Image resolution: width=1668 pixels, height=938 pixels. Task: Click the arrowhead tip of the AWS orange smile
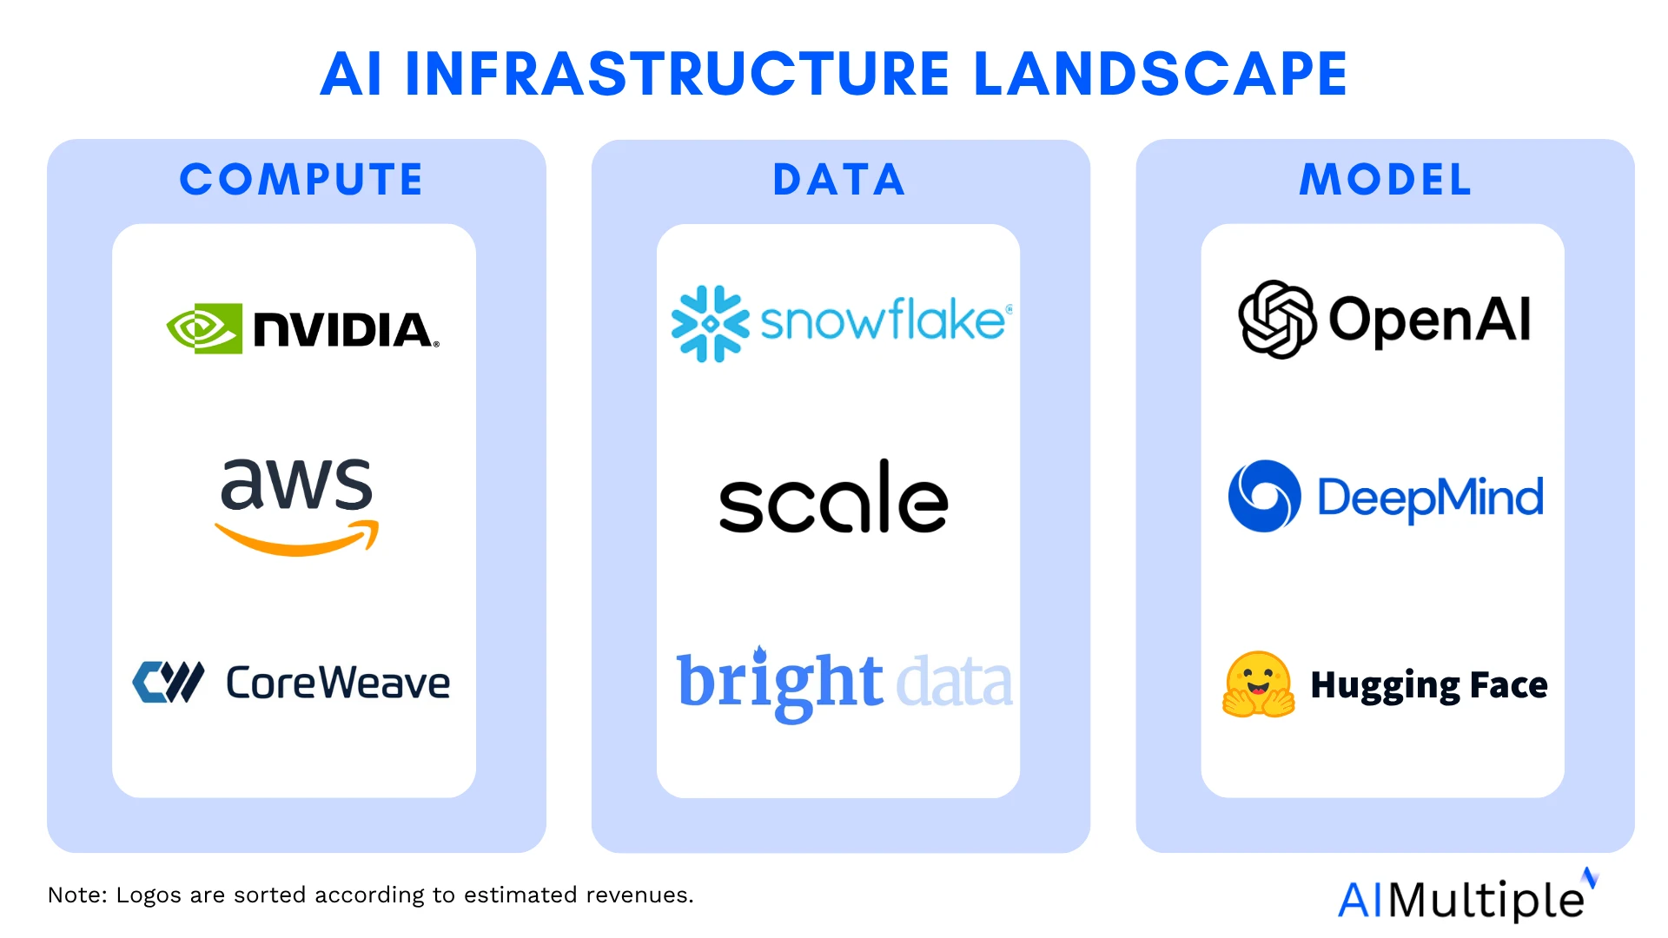377,524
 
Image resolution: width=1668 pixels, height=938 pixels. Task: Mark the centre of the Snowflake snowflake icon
710,323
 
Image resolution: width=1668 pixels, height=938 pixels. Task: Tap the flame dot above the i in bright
760,653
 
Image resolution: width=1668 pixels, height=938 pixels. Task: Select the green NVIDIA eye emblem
204,328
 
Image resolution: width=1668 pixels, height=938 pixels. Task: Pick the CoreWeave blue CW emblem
168,682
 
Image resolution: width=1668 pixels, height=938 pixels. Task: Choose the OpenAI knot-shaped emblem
1277,319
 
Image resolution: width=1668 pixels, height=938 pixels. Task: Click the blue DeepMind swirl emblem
1265,496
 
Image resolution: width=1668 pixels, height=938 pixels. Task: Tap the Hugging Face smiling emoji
1259,684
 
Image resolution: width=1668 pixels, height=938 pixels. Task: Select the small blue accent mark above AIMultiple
1590,877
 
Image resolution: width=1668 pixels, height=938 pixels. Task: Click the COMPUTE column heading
301,180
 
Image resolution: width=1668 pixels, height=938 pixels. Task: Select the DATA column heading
839,180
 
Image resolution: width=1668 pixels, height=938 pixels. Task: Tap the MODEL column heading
1386,180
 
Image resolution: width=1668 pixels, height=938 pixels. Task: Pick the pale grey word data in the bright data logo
954,683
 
